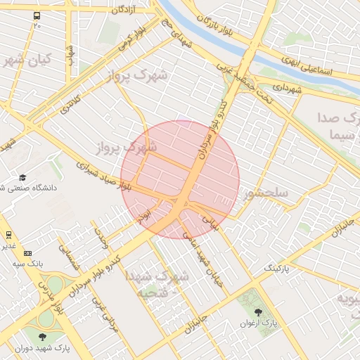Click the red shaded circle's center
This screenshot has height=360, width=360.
pos(180,179)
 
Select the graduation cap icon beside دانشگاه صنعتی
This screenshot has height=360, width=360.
pos(22,178)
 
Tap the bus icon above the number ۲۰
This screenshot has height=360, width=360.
pos(37,15)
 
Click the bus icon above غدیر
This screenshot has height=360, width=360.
pos(8,235)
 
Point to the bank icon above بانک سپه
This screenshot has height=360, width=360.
pos(27,253)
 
